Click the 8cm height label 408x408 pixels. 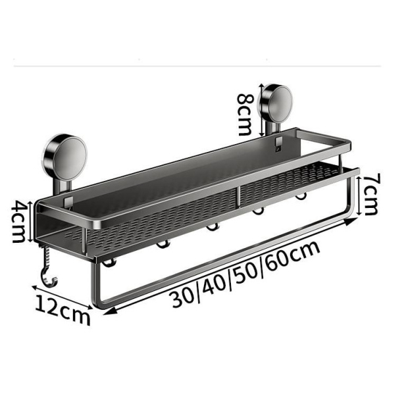[x=245, y=113]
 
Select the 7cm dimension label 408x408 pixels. [x=370, y=195]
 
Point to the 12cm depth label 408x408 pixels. [x=63, y=309]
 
